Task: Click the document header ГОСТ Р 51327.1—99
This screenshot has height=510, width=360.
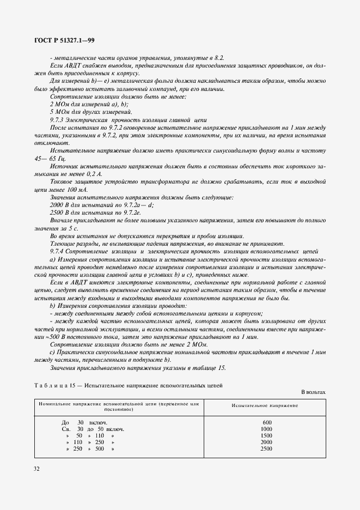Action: pyautogui.click(x=65, y=40)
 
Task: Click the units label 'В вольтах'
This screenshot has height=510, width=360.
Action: pyautogui.click(x=313, y=392)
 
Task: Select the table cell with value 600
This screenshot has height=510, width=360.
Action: pyautogui.click(x=266, y=422)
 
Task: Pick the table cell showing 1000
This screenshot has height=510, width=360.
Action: pyautogui.click(x=266, y=429)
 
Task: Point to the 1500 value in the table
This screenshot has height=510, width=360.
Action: pyautogui.click(x=266, y=435)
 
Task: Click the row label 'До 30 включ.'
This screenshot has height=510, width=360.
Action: pyautogui.click(x=84, y=422)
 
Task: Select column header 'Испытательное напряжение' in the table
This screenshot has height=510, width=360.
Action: pyautogui.click(x=265, y=406)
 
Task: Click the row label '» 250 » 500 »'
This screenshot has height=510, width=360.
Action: pyautogui.click(x=90, y=448)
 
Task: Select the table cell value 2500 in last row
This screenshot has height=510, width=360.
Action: pyautogui.click(x=266, y=448)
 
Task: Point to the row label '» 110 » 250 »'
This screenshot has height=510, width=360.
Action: pyautogui.click(x=90, y=442)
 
